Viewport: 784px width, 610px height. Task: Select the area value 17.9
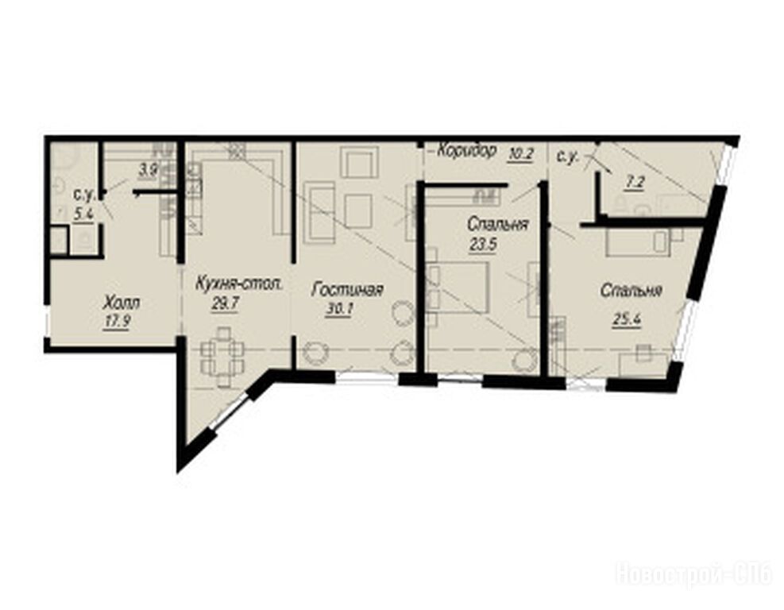tap(117, 322)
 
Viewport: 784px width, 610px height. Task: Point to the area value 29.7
tap(225, 304)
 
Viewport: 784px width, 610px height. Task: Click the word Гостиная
tap(347, 290)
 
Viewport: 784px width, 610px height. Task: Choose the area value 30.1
tap(339, 310)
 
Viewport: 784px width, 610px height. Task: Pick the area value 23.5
tap(483, 245)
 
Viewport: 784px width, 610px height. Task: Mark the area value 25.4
tap(627, 319)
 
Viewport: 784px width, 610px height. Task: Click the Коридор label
tap(467, 150)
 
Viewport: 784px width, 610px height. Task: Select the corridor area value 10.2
tap(520, 154)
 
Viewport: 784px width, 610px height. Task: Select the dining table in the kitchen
tap(222, 357)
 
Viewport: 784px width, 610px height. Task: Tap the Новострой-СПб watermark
tap(695, 573)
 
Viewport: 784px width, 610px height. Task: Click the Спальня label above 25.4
tap(632, 290)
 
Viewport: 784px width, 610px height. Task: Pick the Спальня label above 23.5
tap(497, 225)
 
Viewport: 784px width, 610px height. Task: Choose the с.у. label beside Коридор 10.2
tap(567, 156)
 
